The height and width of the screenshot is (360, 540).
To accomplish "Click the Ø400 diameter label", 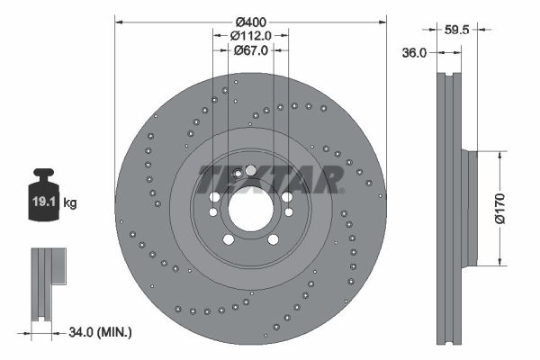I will click(251, 20).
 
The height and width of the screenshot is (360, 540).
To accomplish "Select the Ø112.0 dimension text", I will click(250, 35).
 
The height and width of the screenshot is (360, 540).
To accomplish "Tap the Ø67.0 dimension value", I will click(250, 50).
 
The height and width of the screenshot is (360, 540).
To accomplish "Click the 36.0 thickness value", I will click(413, 53).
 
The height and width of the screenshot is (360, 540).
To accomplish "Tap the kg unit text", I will click(70, 203).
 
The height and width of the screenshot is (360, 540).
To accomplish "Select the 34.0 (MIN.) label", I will click(99, 333).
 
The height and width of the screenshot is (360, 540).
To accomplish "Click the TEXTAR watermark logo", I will click(269, 178).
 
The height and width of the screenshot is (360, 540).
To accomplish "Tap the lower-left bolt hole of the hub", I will click(228, 239).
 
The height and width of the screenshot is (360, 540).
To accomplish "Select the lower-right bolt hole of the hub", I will click(272, 239).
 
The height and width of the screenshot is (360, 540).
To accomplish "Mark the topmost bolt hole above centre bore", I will click(250, 170).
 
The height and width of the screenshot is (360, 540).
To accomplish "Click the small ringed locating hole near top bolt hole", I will click(238, 174).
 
